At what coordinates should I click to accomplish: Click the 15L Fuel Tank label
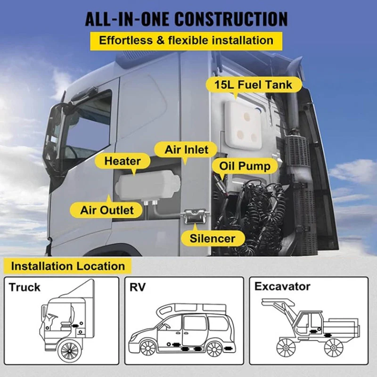click(x=254, y=85)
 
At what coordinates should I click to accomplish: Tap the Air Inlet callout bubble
click(x=186, y=149)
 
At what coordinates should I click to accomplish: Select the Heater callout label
click(x=123, y=161)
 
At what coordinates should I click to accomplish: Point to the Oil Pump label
click(x=245, y=166)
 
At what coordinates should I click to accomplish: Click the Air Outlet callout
click(x=107, y=210)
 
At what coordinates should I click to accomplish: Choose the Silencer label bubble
click(x=213, y=238)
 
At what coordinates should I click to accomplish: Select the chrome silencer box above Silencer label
click(x=195, y=216)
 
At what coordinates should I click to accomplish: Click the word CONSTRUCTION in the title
click(x=231, y=19)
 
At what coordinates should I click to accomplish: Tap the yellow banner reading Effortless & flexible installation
click(x=186, y=41)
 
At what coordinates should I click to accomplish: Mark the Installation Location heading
click(x=68, y=266)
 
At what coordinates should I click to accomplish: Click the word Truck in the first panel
click(x=25, y=287)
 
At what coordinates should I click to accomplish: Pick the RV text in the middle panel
click(x=138, y=287)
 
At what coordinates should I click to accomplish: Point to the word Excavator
click(x=282, y=287)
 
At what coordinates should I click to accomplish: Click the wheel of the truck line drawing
click(x=70, y=351)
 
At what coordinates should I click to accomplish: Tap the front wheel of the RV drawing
click(x=148, y=348)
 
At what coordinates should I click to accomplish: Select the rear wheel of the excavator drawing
click(x=334, y=348)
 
